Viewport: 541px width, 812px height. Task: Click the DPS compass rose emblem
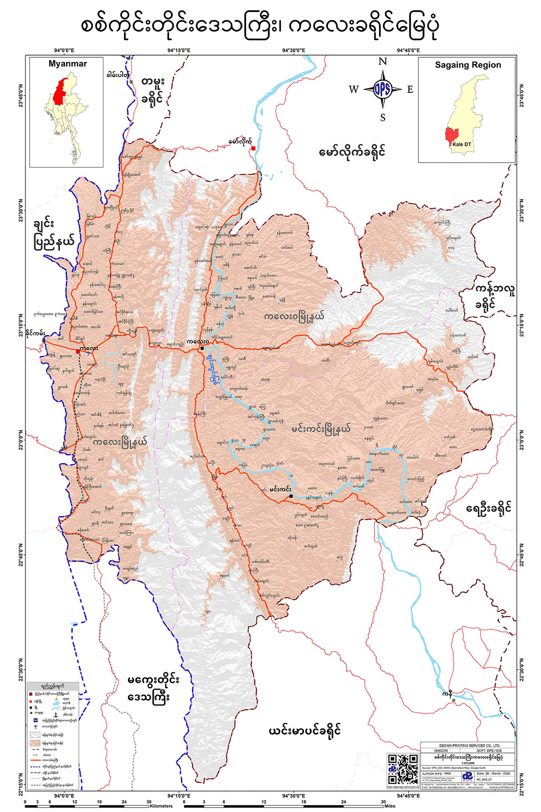(x=382, y=89)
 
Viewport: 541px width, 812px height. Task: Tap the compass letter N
(x=382, y=62)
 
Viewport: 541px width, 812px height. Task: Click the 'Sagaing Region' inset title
(x=468, y=65)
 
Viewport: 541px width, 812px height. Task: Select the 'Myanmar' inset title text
(x=68, y=64)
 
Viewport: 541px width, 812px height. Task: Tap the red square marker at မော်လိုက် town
(x=254, y=148)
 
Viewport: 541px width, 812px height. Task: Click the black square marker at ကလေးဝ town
(x=202, y=348)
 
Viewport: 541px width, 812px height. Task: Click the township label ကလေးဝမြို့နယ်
(x=295, y=316)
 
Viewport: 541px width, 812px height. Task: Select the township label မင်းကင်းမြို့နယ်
(x=321, y=428)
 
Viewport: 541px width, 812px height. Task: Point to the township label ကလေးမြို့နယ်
(x=120, y=442)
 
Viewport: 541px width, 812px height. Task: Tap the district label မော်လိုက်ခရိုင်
(x=352, y=152)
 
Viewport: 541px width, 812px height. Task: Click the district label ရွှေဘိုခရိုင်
(x=489, y=508)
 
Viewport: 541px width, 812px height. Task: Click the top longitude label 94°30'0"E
(x=293, y=51)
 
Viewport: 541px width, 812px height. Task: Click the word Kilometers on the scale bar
(x=161, y=806)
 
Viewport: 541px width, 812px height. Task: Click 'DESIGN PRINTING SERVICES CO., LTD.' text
(x=467, y=745)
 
